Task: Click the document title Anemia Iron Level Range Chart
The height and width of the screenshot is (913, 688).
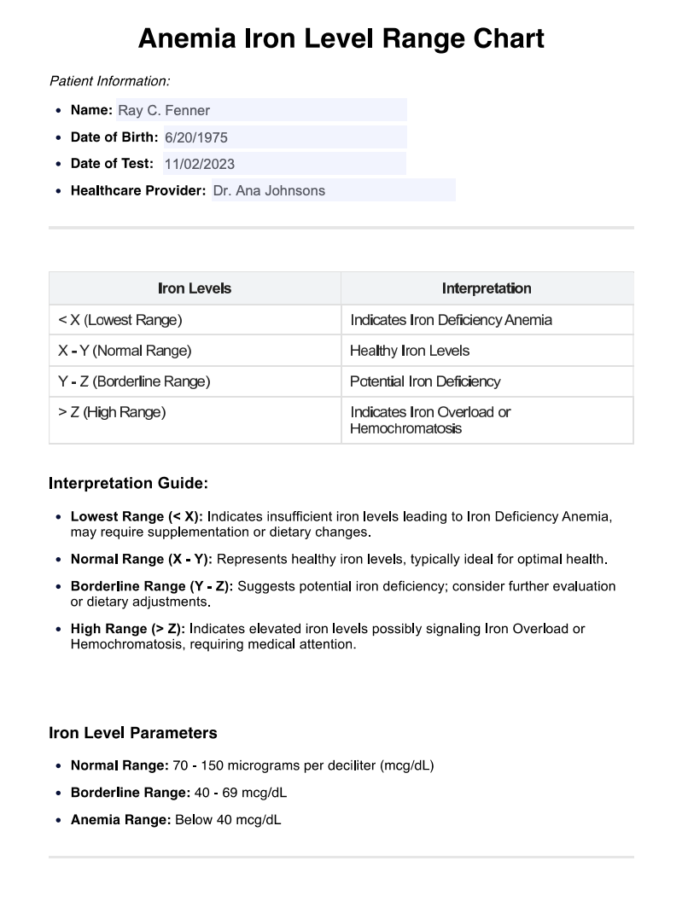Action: coord(341,38)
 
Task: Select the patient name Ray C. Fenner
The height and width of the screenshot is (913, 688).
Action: coord(164,110)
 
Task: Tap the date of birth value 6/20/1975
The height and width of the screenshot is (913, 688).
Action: coord(196,137)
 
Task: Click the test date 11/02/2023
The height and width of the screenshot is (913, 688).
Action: coord(200,164)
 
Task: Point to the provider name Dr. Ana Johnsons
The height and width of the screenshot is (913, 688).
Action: coord(269,191)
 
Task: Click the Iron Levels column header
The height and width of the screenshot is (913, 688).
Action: coord(195,288)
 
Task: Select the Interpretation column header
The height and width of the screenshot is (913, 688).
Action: coord(487,288)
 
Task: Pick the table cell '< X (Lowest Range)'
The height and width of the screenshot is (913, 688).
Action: coord(120,320)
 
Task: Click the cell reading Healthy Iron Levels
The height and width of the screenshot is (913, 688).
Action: coord(410,351)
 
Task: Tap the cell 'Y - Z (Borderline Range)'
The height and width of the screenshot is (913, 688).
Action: coord(134,381)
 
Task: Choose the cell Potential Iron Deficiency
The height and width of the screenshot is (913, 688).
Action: coord(425,381)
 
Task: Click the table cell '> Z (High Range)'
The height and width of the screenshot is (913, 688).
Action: coord(112,412)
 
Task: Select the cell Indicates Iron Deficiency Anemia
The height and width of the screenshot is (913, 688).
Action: coord(451,320)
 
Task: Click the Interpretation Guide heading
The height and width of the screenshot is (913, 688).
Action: coord(128,484)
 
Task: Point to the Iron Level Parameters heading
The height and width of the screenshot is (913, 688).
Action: coord(133,733)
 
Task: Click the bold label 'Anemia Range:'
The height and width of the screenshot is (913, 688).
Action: coord(120,820)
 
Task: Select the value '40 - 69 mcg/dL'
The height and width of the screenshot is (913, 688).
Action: coord(241,793)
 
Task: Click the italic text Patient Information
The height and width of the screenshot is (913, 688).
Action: coord(109,81)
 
